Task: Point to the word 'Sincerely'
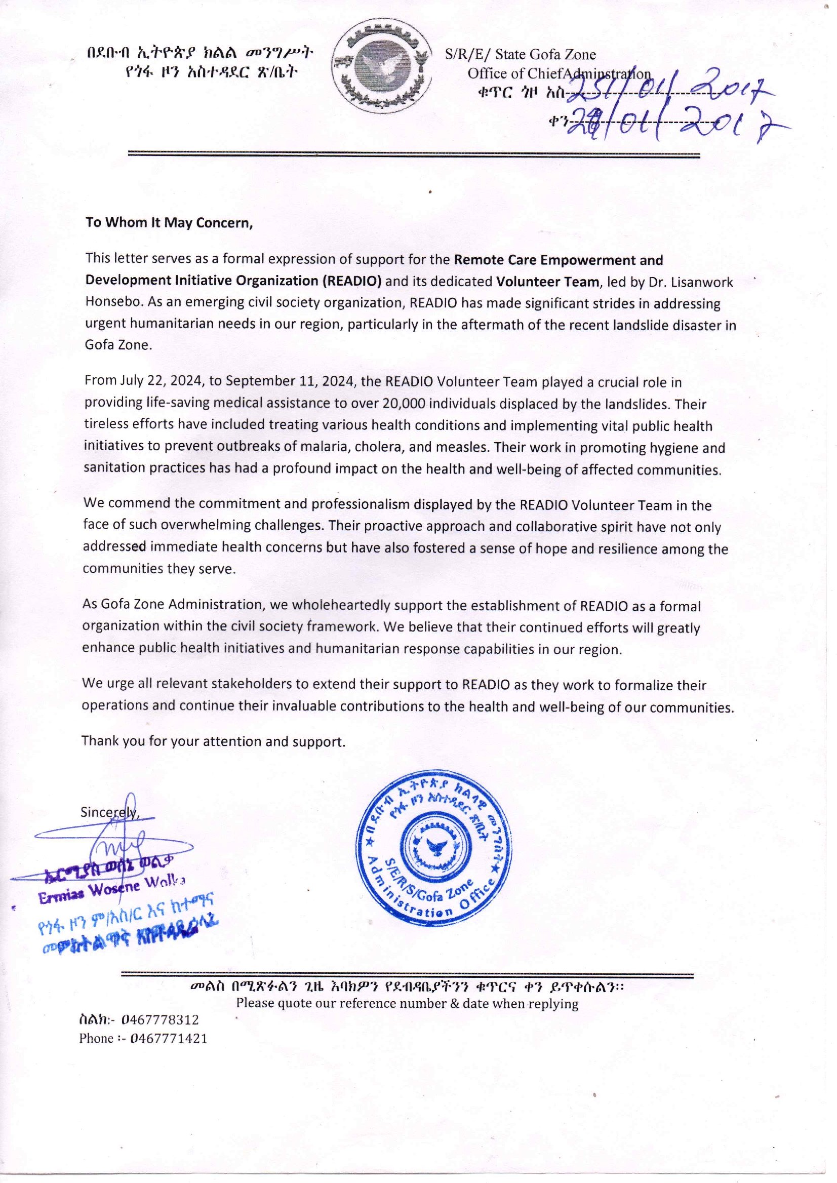coord(109,812)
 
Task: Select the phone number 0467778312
coord(161,1019)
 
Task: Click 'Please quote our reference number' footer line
coord(407,1004)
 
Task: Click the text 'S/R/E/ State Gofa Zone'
coord(520,55)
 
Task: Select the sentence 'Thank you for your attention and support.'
coord(213,742)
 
